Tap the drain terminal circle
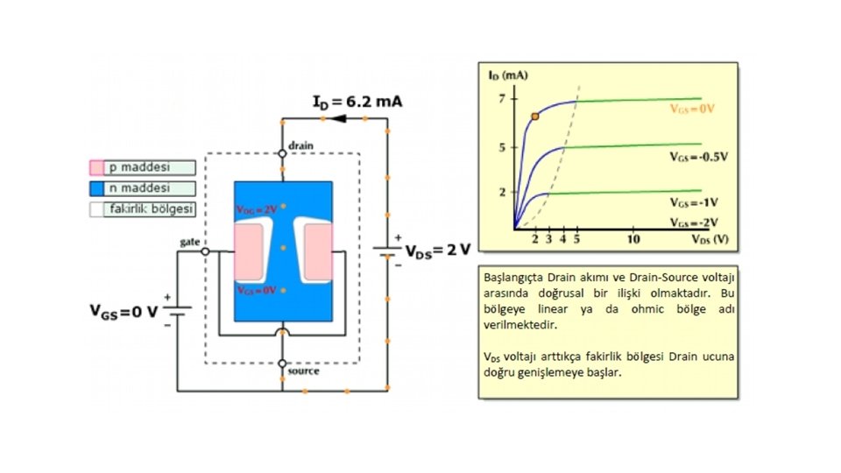[x=282, y=153]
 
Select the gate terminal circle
[x=205, y=251]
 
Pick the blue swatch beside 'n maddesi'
[x=96, y=188]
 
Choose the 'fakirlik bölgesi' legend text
[x=151, y=209]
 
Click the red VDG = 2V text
[x=256, y=210]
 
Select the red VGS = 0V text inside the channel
[x=256, y=290]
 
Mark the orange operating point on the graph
[x=535, y=116]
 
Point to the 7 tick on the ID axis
[x=503, y=98]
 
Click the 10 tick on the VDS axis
[x=633, y=238]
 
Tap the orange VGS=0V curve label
[x=692, y=109]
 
